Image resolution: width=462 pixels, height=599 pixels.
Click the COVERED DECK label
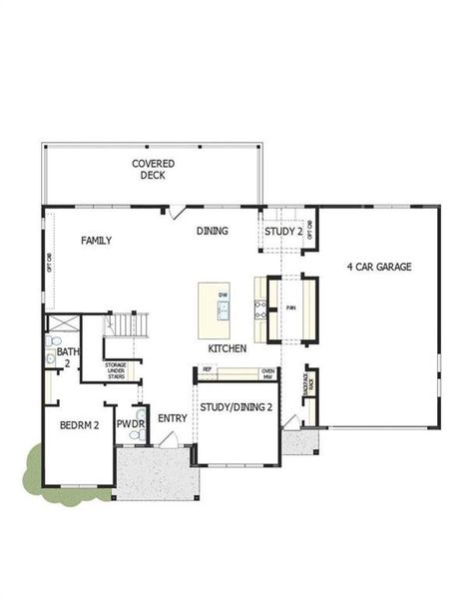pyautogui.click(x=153, y=169)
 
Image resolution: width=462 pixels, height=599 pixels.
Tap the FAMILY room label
pyautogui.click(x=96, y=241)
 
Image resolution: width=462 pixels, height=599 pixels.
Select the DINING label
pyautogui.click(x=212, y=232)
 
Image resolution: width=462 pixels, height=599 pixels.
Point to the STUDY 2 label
pyautogui.click(x=283, y=233)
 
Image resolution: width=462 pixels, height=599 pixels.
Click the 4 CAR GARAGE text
pyautogui.click(x=378, y=267)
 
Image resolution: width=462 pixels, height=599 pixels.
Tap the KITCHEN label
pyautogui.click(x=227, y=348)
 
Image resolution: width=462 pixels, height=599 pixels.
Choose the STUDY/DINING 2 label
pyautogui.click(x=235, y=407)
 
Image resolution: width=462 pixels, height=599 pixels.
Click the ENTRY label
pyautogui.click(x=172, y=417)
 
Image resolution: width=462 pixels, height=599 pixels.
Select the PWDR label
pyautogui.click(x=131, y=424)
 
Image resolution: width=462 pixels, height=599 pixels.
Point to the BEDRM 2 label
pyautogui.click(x=78, y=424)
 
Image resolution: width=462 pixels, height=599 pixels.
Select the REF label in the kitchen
pyautogui.click(x=207, y=370)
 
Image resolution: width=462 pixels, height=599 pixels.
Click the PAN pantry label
pyautogui.click(x=290, y=307)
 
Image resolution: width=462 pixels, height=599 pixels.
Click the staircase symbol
pyautogui.click(x=129, y=325)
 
